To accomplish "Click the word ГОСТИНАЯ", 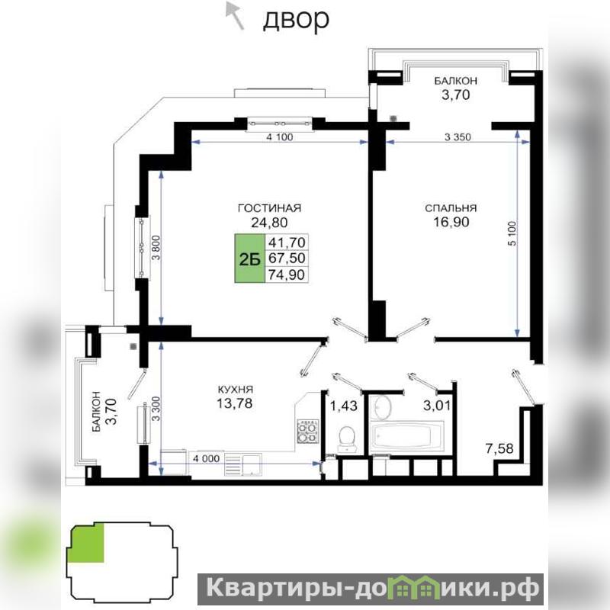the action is (269, 208).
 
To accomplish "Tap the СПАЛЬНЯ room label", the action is (451, 208).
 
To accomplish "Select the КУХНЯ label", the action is (235, 390).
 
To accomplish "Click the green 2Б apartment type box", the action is (249, 258).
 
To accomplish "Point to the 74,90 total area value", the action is (287, 274).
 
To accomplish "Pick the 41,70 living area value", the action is (287, 242).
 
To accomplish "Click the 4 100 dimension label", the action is (280, 137).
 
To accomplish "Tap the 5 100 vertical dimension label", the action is (512, 233).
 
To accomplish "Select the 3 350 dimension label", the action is (457, 137).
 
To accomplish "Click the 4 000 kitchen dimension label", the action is (206, 459).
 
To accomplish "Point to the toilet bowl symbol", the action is (346, 440).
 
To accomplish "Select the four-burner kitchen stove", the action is (308, 431).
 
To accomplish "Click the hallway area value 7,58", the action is (499, 448).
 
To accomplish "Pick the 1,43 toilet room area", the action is (344, 406).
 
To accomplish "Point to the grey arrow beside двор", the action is (235, 15).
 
